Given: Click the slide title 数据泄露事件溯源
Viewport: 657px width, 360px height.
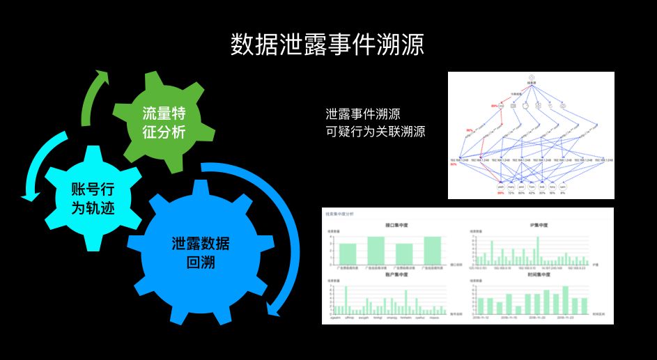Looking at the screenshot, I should [x=327, y=44].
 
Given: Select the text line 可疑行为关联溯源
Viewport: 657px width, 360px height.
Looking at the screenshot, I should [x=376, y=130].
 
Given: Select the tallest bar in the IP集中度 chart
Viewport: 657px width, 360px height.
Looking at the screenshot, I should [x=538, y=249].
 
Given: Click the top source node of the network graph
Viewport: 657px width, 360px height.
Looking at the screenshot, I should [x=530, y=77].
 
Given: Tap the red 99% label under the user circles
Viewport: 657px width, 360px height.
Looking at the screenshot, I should [x=500, y=194].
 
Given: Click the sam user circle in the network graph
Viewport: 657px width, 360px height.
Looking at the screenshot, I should [x=564, y=187].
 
